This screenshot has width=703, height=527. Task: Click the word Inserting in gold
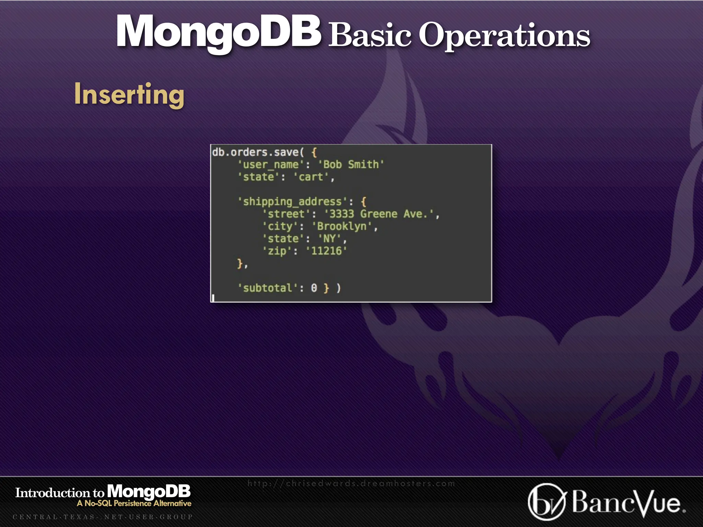pos(129,94)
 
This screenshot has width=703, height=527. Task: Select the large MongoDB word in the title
pos(218,32)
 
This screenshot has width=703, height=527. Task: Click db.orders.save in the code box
pos(255,152)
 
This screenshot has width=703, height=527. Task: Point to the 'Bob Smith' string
pos(351,164)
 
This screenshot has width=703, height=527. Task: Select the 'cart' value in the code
pos(311,177)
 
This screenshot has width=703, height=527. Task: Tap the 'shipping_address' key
pos(292,201)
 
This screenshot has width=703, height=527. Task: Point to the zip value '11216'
pos(326,251)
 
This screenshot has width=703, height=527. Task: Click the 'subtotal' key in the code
pos(267,288)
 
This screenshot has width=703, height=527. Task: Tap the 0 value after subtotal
pos(314,288)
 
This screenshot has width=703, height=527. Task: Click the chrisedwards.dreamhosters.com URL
pos(351,483)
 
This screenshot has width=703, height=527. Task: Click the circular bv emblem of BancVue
pos(546,502)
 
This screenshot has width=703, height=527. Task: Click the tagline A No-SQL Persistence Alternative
pos(134,503)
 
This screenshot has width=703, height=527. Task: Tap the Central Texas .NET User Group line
pos(103,517)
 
